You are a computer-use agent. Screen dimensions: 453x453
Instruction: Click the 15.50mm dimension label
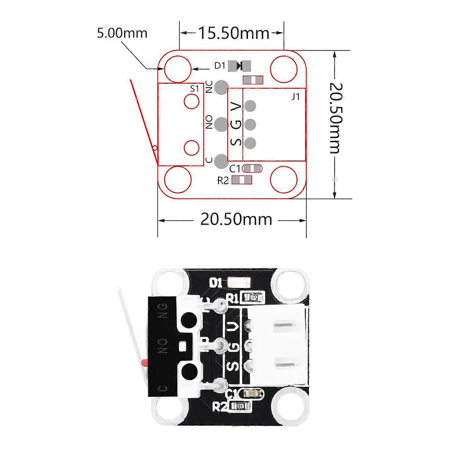point(233,33)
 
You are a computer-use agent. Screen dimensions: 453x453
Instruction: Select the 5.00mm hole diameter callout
point(122,33)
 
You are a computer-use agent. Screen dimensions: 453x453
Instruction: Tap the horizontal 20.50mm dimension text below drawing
point(236,220)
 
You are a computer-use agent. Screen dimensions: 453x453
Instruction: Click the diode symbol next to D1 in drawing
point(240,66)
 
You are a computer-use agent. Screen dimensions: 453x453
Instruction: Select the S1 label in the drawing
point(195,88)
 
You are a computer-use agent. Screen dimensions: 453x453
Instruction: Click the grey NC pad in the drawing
point(221,87)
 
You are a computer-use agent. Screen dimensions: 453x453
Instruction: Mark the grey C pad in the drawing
point(221,161)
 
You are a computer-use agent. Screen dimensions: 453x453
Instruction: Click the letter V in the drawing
point(236,106)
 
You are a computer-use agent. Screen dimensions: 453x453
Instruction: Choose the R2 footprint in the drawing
point(242,180)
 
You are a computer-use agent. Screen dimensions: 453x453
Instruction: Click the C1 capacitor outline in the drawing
point(252,168)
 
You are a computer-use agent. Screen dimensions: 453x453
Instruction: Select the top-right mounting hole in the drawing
point(284,69)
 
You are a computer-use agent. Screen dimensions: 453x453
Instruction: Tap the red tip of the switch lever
point(144,362)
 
